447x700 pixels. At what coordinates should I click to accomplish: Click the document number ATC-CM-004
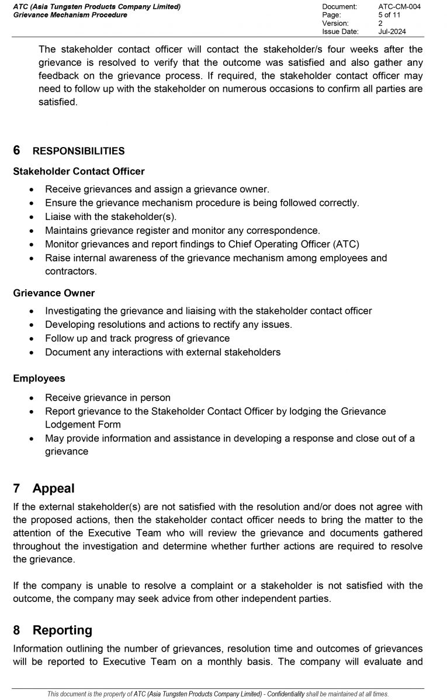399,6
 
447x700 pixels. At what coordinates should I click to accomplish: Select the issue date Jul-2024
392,32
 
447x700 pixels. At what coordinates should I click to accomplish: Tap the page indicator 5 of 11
390,15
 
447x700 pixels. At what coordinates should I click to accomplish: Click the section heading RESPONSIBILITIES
78,151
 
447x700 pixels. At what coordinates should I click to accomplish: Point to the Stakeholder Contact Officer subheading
78,171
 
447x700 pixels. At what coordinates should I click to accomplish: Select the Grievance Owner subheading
54,293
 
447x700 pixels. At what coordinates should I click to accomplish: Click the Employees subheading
39,379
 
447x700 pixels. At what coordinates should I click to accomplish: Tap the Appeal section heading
53,488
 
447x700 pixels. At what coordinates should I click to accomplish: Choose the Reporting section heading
62,630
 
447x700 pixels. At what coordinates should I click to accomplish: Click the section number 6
17,150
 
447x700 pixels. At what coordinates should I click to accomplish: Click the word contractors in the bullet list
70,271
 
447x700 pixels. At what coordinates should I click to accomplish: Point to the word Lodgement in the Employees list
69,425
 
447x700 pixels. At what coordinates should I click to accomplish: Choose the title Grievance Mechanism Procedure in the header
70,15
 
